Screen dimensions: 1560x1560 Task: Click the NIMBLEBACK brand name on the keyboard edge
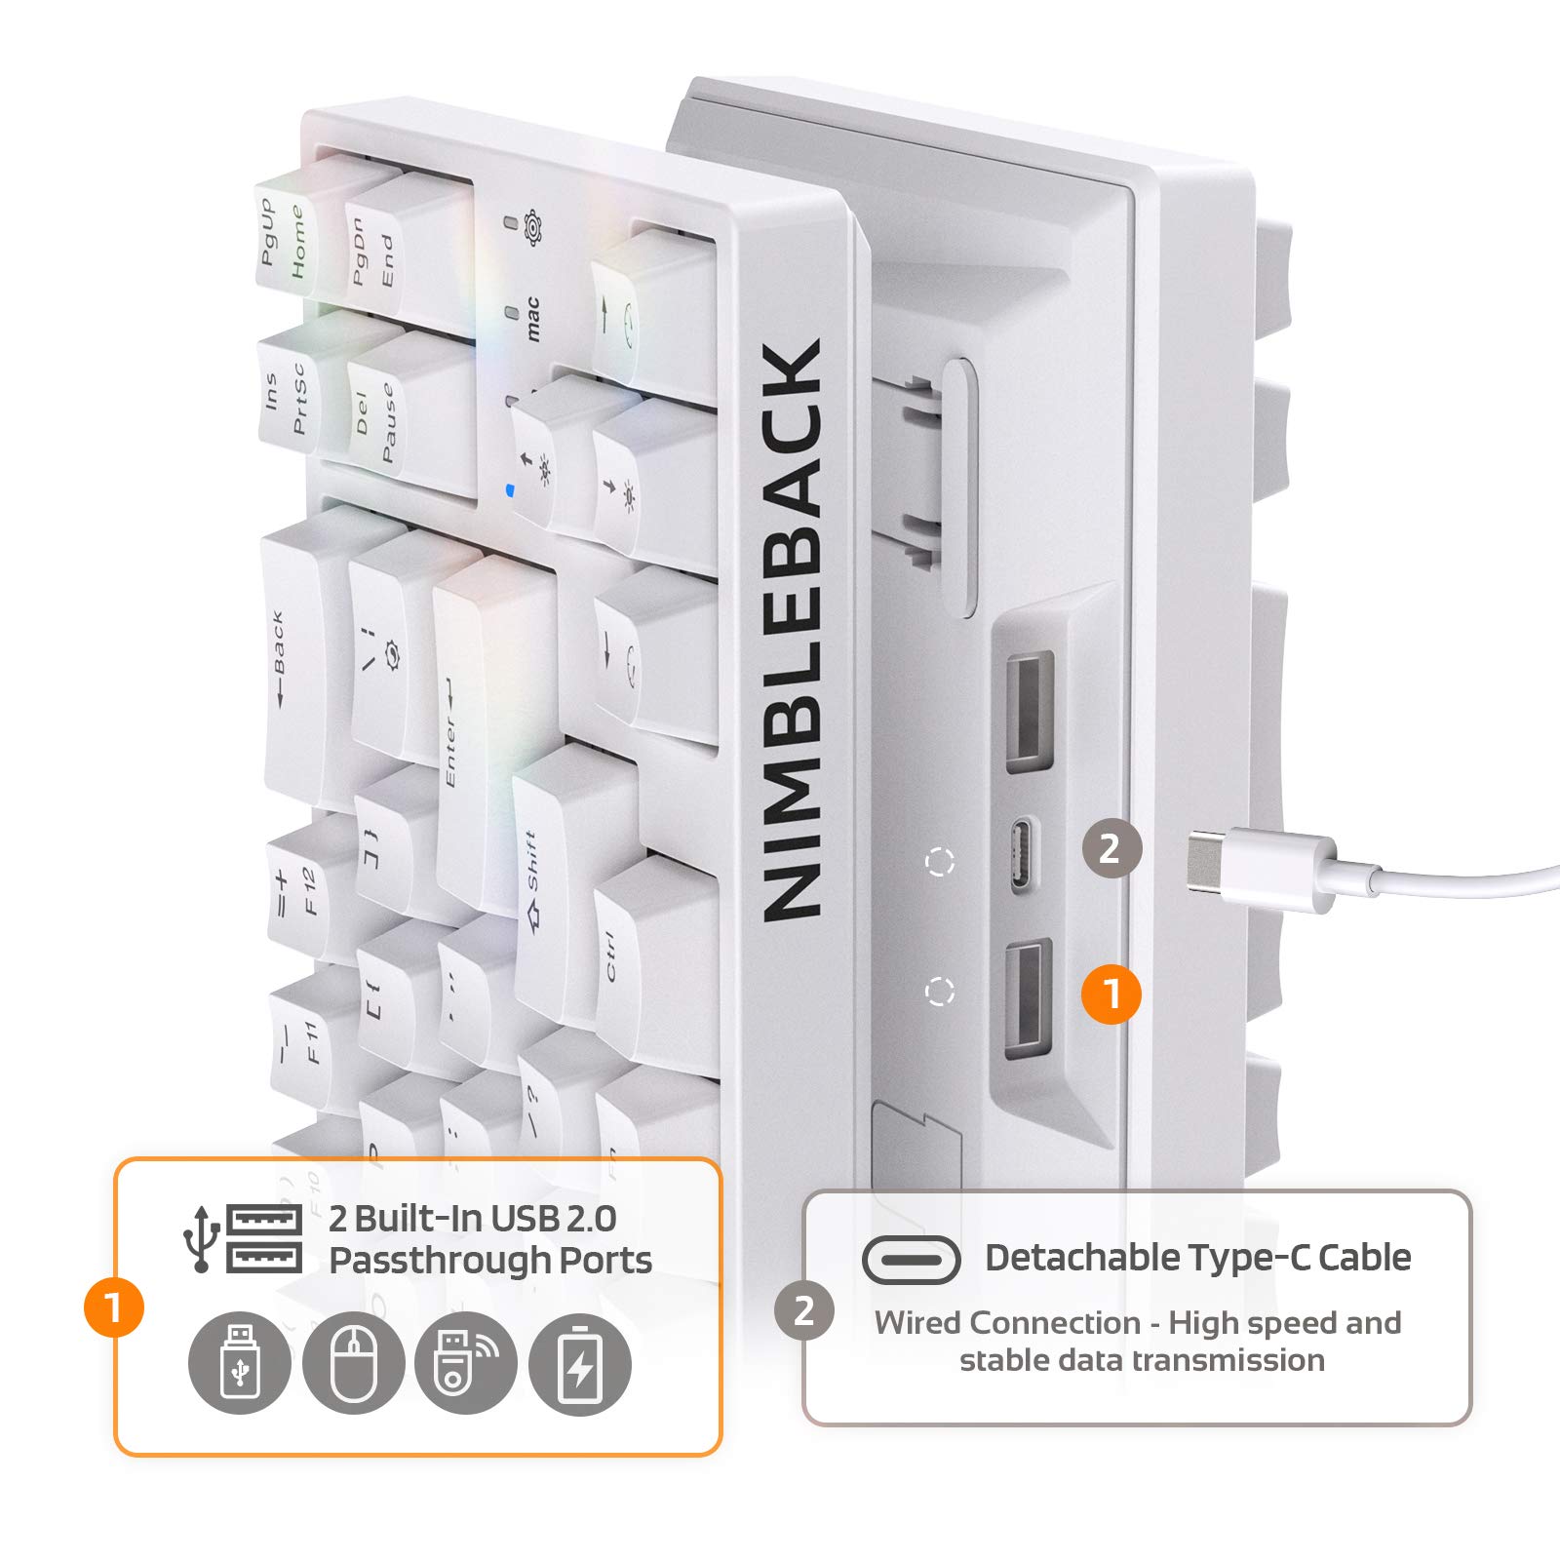coord(792,629)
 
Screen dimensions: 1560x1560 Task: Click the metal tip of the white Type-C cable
coord(1210,854)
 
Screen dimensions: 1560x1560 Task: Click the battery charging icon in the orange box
coord(580,1364)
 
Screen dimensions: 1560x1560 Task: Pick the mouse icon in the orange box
coord(353,1364)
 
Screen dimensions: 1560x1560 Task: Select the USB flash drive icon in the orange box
coord(240,1364)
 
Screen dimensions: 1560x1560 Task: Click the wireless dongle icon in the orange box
coord(466,1364)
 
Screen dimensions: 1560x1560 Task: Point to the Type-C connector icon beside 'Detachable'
coord(911,1260)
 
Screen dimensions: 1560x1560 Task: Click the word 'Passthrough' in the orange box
coord(443,1262)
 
